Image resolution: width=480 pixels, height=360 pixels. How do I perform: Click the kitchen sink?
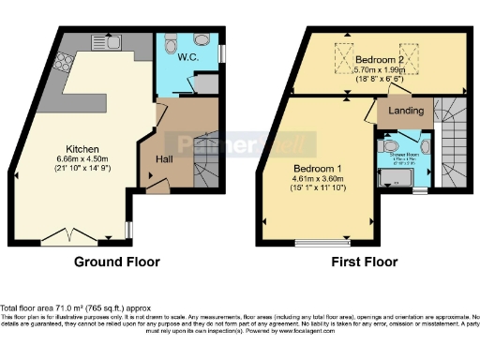click(107, 41)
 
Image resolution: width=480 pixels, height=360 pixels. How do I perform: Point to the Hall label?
click(161, 160)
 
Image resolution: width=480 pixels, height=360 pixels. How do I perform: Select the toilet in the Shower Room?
click(390, 147)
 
